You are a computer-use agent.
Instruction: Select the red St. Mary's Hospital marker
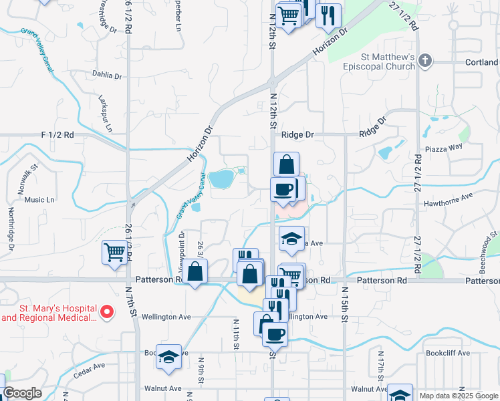tap(106, 312)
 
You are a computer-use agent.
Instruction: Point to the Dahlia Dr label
tap(107, 76)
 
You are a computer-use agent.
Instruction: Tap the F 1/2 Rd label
tap(57, 134)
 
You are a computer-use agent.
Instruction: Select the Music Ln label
tap(39, 199)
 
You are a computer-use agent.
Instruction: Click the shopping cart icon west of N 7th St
tap(114, 253)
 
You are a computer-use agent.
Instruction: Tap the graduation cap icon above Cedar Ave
tap(169, 356)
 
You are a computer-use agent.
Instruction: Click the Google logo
tap(23, 393)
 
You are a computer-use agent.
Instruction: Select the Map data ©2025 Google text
tap(459, 396)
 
